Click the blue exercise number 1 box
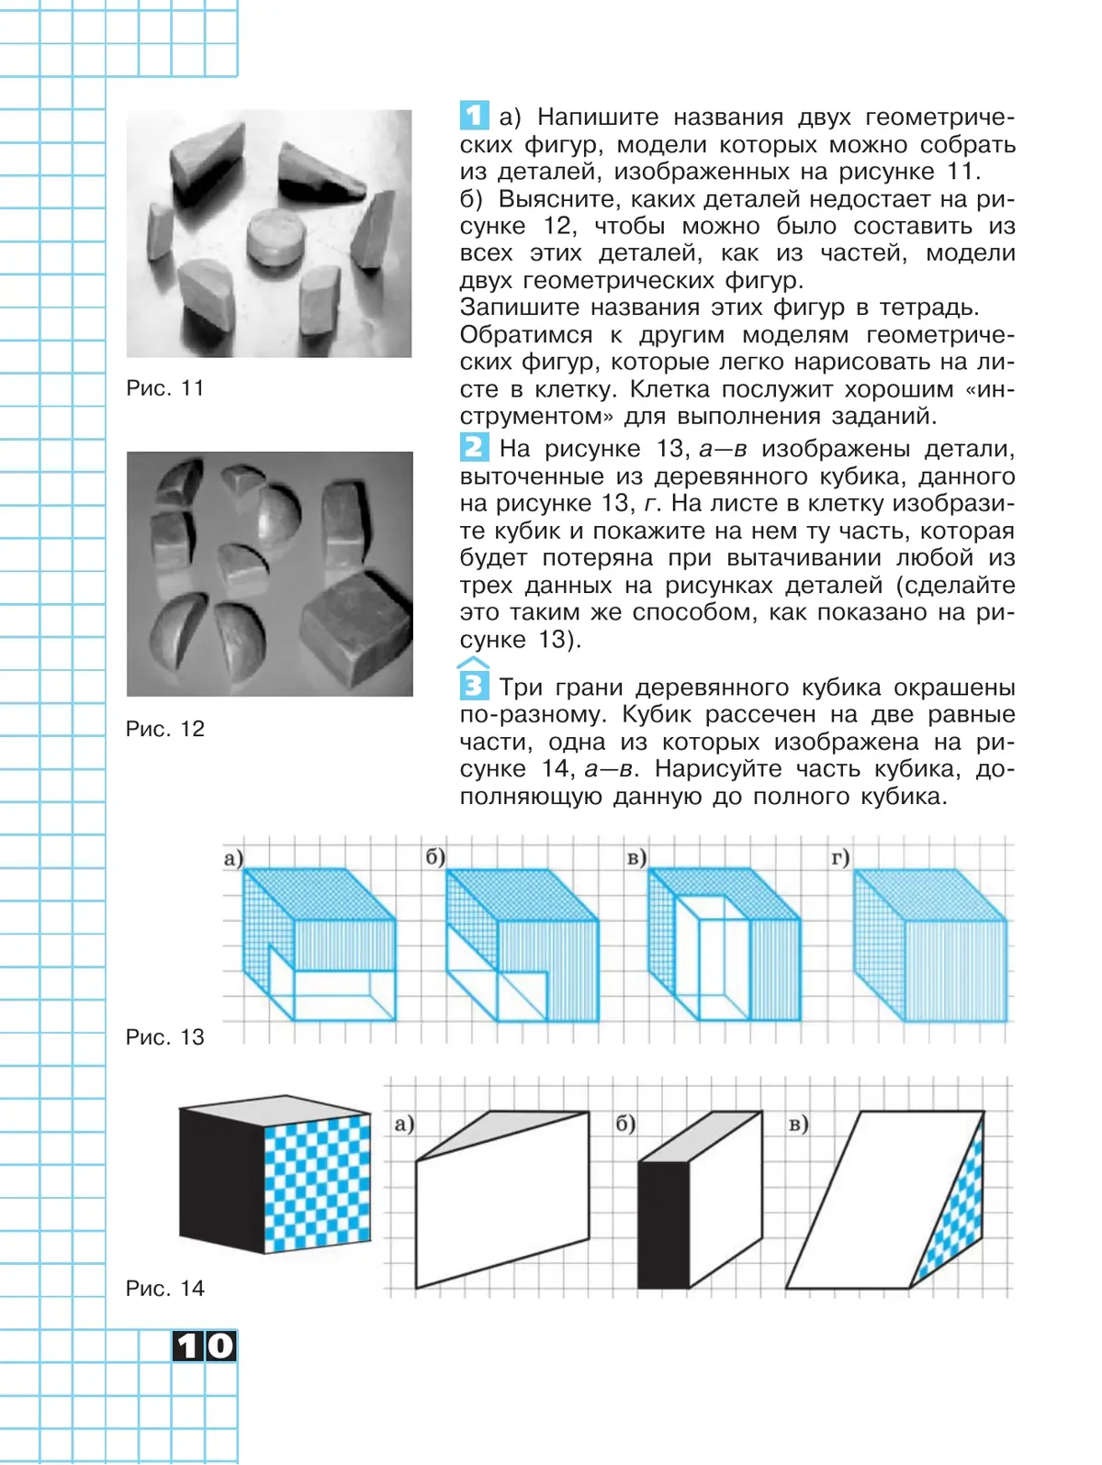click(x=473, y=116)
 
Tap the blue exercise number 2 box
click(x=473, y=447)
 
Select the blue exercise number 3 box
click(x=473, y=686)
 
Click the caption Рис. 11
click(x=165, y=388)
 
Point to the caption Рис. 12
click(x=165, y=729)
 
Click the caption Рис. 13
click(x=165, y=1037)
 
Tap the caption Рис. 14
click(x=165, y=1289)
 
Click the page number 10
click(x=205, y=1347)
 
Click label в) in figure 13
click(x=636, y=858)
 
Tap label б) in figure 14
click(x=625, y=1124)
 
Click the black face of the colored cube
click(x=221, y=1178)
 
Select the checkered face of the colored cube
click(x=318, y=1183)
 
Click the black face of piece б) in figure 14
click(x=663, y=1225)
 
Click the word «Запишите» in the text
click(x=520, y=308)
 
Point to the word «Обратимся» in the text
click(x=527, y=335)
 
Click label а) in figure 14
click(x=404, y=1124)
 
